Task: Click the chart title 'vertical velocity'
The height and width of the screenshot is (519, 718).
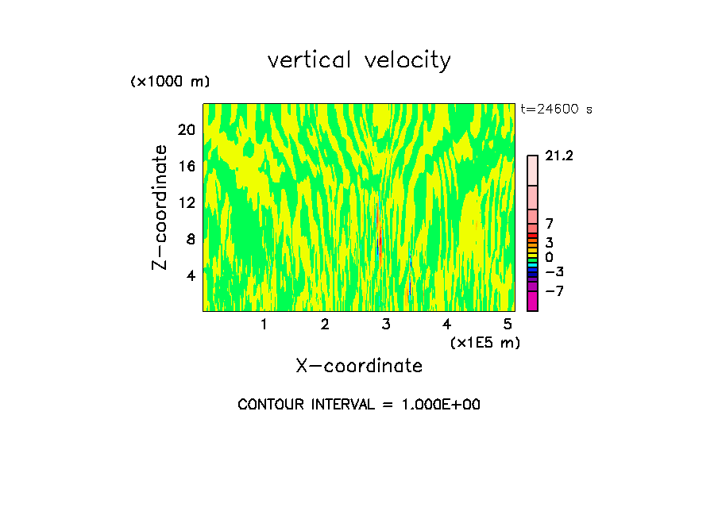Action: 359,60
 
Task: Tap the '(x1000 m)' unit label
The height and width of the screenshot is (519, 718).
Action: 169,83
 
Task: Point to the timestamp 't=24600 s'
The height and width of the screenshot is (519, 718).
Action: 556,110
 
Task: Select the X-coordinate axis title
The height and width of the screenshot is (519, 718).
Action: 359,366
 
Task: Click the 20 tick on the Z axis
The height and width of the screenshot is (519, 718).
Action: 185,129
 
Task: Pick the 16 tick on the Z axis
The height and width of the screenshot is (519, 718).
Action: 185,166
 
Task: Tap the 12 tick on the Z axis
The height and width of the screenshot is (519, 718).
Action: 185,202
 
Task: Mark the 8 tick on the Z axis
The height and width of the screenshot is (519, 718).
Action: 189,239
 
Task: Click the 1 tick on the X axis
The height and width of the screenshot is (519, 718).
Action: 264,325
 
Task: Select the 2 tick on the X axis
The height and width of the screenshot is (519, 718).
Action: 325,325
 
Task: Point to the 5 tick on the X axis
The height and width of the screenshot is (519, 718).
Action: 508,325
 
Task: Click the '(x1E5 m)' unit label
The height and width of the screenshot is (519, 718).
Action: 484,342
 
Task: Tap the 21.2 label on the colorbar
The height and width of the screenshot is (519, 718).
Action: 559,156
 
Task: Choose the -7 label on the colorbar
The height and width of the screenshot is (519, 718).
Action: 554,291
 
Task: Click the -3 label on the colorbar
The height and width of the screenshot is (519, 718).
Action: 554,272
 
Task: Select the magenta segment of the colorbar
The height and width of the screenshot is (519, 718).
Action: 532,301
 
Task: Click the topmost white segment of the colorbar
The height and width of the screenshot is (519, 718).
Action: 532,171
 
